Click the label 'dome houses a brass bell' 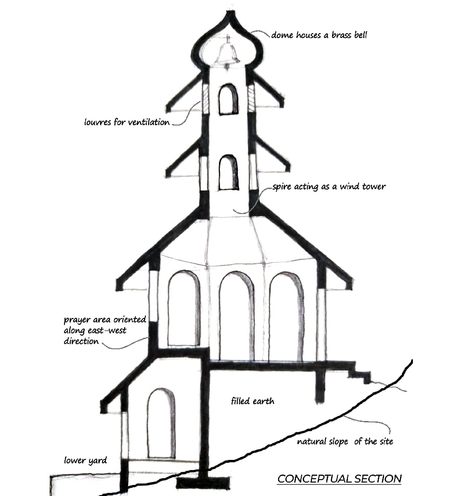[319, 35]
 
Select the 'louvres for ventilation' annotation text [127, 122]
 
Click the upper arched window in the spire [228, 100]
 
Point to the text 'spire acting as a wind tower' [329, 186]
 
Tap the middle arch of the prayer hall [236, 315]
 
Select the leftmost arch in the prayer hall [184, 308]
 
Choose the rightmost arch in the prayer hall [286, 315]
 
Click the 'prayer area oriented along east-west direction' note [105, 331]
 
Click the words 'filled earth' [252, 400]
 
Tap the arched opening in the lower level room [161, 423]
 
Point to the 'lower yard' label [85, 460]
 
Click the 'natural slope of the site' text [345, 442]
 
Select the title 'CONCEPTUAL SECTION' [339, 479]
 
